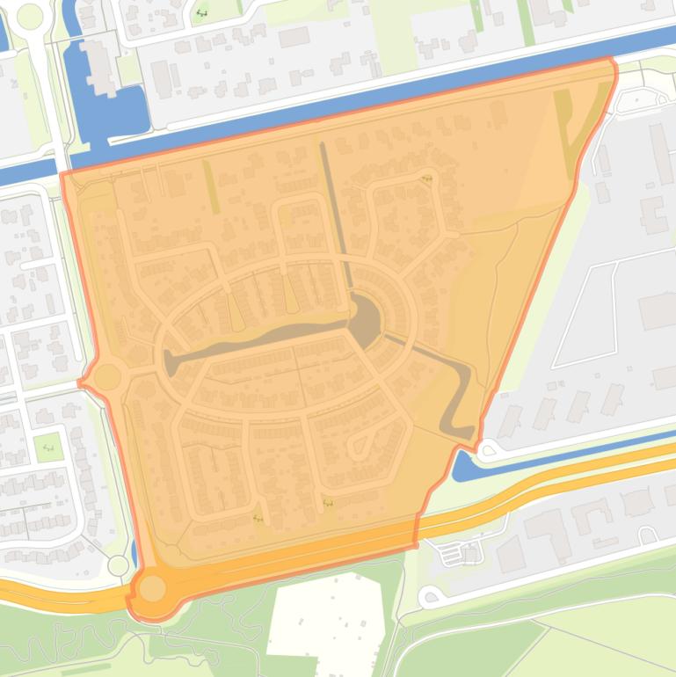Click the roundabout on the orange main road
tap(152, 588)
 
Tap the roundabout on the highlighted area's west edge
tap(107, 377)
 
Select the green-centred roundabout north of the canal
tap(29, 16)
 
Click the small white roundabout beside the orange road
tap(118, 564)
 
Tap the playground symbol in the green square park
tap(47, 447)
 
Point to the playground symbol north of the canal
tap(201, 13)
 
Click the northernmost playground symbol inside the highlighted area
tap(427, 178)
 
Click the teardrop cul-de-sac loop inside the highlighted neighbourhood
tap(358, 446)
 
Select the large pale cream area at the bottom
tap(325, 620)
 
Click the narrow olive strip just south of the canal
tap(211, 186)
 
